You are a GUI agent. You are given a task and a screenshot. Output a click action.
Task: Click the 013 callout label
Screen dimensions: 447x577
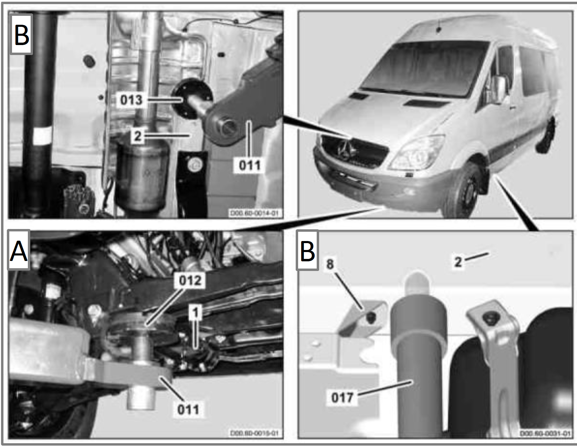tap(131, 100)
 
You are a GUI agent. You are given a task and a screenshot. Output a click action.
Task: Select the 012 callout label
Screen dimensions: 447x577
tap(190, 280)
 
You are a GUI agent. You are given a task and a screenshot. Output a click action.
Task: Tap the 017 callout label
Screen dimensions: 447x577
tap(342, 397)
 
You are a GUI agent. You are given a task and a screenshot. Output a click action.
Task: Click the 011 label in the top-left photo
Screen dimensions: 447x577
tap(250, 165)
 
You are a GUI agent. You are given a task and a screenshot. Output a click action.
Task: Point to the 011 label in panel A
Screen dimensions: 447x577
tap(188, 409)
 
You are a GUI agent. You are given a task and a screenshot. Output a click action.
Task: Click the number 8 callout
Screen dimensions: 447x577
tap(330, 264)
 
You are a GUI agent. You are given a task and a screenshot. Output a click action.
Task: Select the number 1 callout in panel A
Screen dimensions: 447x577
tap(195, 312)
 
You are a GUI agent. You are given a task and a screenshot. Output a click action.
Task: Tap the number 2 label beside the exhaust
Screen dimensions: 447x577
tap(138, 136)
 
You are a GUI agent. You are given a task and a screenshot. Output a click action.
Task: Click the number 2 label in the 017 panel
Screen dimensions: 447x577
tap(458, 262)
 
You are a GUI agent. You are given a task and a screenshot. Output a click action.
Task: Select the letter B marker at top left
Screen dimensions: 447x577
tap(22, 35)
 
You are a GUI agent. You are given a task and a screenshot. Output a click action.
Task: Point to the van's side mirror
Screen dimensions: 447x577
tap(499, 89)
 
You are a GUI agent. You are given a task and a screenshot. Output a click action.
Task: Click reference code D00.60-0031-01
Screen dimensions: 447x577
tap(545, 434)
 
